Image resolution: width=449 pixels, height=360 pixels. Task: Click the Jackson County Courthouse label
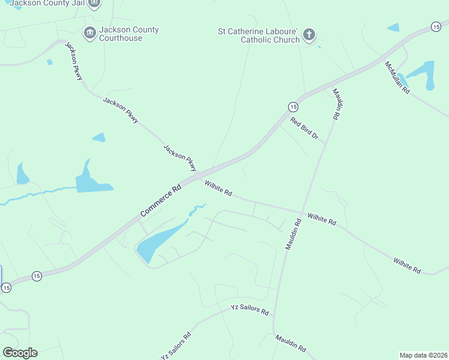pos(121,34)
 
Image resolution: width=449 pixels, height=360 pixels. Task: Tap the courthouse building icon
pos(90,32)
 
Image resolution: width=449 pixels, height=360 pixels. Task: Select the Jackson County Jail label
pos(48,4)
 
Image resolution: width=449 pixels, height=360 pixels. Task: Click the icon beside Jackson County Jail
pos(94,4)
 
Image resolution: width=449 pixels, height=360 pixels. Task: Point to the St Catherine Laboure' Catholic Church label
pos(258,35)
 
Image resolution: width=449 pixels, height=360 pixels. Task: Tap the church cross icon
pos(309,34)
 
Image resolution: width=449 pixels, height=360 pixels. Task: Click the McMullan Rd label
pos(397,77)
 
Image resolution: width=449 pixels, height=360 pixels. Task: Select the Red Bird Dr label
pos(304,128)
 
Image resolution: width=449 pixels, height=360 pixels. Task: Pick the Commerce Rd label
pos(161,201)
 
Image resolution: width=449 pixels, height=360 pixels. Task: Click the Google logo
pos(20,353)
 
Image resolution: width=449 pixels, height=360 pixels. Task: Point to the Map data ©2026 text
pos(423,355)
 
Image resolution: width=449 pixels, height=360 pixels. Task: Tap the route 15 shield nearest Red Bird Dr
pos(292,106)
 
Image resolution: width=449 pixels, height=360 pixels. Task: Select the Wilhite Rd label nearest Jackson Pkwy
pos(218,188)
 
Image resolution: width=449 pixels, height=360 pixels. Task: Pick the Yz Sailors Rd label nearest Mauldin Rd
pos(250,310)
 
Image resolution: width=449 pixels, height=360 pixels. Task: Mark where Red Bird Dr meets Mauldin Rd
pos(325,143)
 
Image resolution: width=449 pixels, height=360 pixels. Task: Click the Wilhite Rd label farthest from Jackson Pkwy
pos(407,266)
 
